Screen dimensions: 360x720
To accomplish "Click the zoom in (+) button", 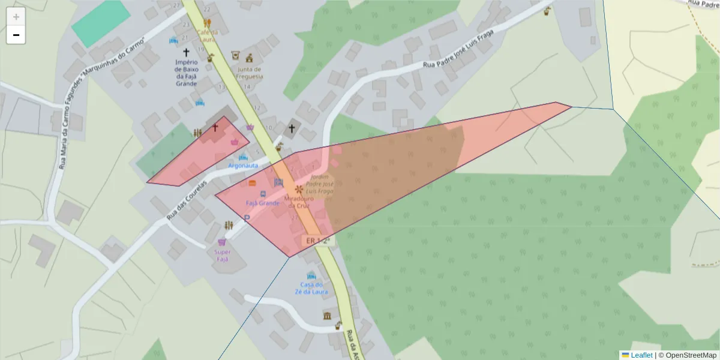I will click(x=16, y=17).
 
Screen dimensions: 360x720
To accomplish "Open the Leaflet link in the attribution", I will click(x=641, y=355).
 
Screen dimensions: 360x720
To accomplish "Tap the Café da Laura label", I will click(x=206, y=35).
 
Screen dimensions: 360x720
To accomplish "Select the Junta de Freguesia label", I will click(x=250, y=73).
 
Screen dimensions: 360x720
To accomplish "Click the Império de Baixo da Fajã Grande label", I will click(x=186, y=73).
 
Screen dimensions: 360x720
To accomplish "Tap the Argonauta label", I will click(x=243, y=166).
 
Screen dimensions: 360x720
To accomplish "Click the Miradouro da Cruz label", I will click(x=297, y=202).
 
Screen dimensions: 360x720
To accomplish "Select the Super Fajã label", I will click(x=222, y=256).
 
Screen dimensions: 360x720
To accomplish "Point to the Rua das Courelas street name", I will click(x=187, y=199).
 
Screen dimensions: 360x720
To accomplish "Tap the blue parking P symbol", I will click(x=247, y=219).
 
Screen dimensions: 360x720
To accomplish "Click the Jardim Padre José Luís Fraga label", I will click(x=318, y=184).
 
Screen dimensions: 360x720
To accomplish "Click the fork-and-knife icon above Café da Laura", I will click(x=207, y=23).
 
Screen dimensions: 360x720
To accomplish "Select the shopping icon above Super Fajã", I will click(x=222, y=242).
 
